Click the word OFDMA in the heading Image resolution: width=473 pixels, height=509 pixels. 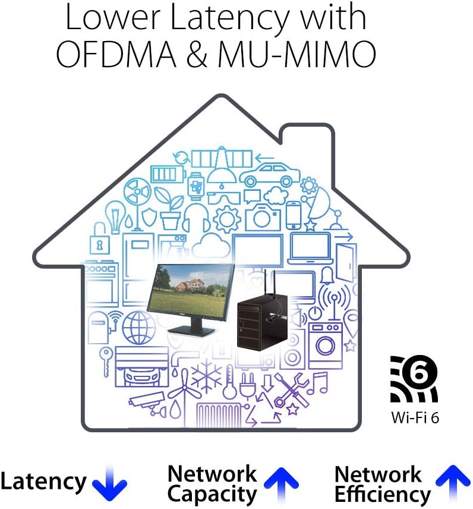click(116, 54)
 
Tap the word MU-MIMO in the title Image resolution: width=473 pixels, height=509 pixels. click(297, 54)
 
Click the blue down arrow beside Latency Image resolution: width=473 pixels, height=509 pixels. click(109, 483)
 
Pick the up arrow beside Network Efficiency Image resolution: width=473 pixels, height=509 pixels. click(453, 483)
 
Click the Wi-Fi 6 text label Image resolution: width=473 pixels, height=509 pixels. click(415, 417)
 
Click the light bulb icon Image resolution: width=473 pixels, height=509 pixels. click(115, 216)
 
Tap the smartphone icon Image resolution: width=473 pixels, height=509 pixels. click(294, 215)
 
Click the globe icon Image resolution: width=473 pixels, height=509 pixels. click(138, 328)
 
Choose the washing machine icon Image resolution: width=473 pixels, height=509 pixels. click(326, 345)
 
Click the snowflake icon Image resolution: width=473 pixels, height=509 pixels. click(207, 376)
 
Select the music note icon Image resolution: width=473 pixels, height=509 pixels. click(317, 383)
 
